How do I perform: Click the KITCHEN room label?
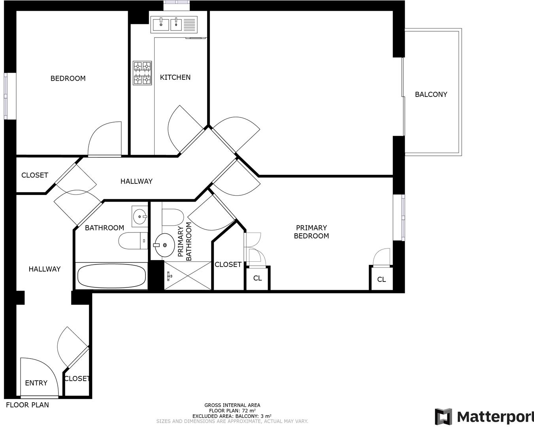(x=175, y=77)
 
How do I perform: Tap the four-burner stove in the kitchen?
(x=142, y=73)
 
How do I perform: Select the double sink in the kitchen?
(x=174, y=25)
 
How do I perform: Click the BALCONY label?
(x=431, y=94)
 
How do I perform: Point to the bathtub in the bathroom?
(x=111, y=276)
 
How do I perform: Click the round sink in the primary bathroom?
(x=165, y=245)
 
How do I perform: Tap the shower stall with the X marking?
(x=188, y=276)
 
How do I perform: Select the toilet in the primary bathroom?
(x=173, y=217)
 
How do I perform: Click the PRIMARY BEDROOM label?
(x=311, y=232)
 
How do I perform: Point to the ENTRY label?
(x=36, y=383)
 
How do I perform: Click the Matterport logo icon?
(x=443, y=416)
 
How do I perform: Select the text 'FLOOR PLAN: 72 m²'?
(x=232, y=411)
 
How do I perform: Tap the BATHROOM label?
(x=104, y=228)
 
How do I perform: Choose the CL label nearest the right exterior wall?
(x=381, y=280)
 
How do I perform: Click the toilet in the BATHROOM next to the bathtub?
(x=133, y=241)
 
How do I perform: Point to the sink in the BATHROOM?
(x=140, y=217)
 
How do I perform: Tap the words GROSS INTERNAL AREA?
(x=232, y=405)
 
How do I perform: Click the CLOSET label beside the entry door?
(x=77, y=379)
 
